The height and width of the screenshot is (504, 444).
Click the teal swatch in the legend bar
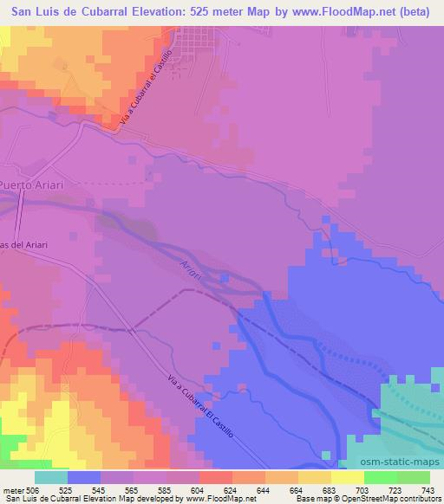coord(51,477)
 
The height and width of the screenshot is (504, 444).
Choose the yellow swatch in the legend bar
coord(348,477)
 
